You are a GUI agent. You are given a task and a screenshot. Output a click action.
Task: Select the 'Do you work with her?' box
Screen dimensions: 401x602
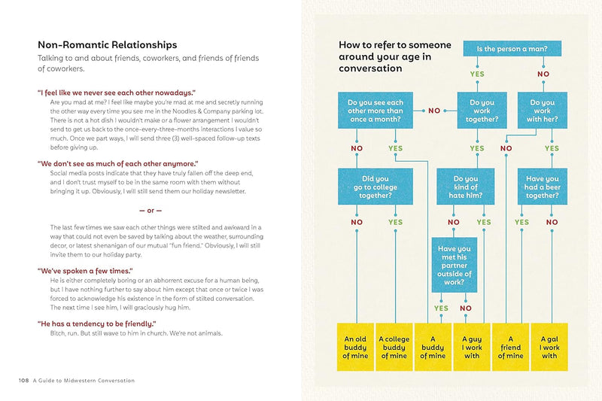click(x=542, y=111)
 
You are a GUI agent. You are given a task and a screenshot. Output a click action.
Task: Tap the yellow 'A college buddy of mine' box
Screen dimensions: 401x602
click(x=394, y=347)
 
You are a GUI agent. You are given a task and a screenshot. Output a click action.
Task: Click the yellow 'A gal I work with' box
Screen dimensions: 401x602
click(x=549, y=347)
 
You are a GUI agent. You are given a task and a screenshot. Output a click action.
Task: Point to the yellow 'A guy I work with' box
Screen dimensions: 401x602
click(x=471, y=347)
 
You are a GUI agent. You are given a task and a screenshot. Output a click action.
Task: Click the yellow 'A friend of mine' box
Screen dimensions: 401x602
click(x=510, y=347)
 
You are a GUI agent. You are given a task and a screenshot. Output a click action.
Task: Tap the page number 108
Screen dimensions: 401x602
click(x=24, y=381)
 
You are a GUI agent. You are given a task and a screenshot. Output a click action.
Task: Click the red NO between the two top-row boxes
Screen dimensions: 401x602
click(x=434, y=111)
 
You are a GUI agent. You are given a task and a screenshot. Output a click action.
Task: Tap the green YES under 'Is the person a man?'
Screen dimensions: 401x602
click(x=477, y=74)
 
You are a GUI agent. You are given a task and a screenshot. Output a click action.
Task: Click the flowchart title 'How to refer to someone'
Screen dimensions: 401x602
click(x=395, y=45)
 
